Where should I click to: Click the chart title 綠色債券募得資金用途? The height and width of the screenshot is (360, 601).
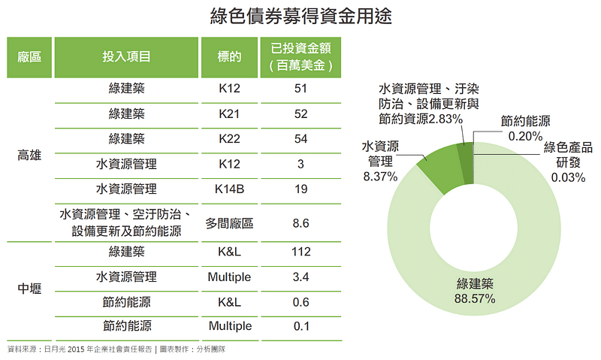tap(300, 15)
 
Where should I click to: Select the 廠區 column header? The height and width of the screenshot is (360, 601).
tap(29, 56)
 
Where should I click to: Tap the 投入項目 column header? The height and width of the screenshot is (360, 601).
tap(126, 56)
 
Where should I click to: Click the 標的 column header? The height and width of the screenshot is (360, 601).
tap(229, 56)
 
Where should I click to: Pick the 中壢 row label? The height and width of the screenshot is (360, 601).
tap(29, 289)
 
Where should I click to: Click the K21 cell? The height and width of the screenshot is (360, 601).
tap(229, 114)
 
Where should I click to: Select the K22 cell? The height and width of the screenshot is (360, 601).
tap(229, 139)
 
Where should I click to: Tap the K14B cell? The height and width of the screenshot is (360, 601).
tap(229, 189)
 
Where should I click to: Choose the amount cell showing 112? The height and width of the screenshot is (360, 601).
tap(300, 253)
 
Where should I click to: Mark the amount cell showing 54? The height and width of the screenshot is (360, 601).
tap(300, 139)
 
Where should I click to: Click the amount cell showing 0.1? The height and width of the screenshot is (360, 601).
tap(300, 325)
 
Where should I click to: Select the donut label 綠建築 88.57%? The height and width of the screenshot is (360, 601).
tap(475, 292)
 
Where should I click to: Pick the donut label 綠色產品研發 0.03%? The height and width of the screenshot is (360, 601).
tap(568, 161)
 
